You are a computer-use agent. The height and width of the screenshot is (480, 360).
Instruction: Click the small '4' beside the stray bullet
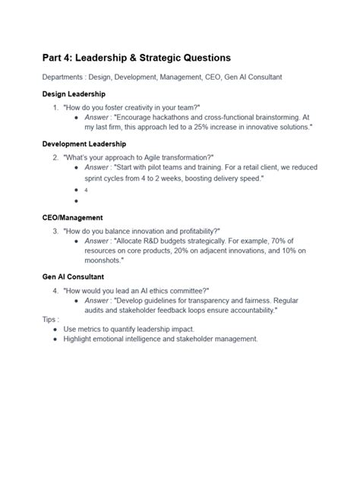tap(87, 190)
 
